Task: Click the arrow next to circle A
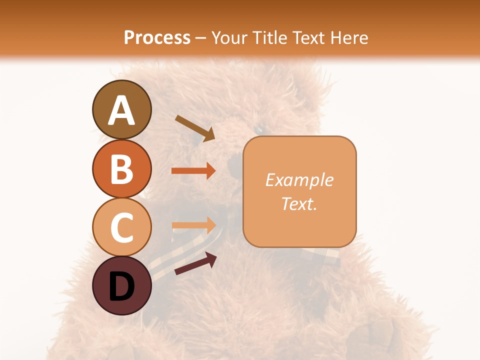point(195,128)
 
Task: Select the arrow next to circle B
point(193,171)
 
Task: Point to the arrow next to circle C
point(193,225)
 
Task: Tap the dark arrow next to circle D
point(195,263)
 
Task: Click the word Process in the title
point(157,37)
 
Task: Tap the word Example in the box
point(299,179)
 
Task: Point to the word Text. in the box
point(299,203)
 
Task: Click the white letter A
point(122,110)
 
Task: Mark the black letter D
point(122,286)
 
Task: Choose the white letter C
point(122,227)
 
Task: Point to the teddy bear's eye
point(260,129)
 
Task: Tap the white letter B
point(122,169)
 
